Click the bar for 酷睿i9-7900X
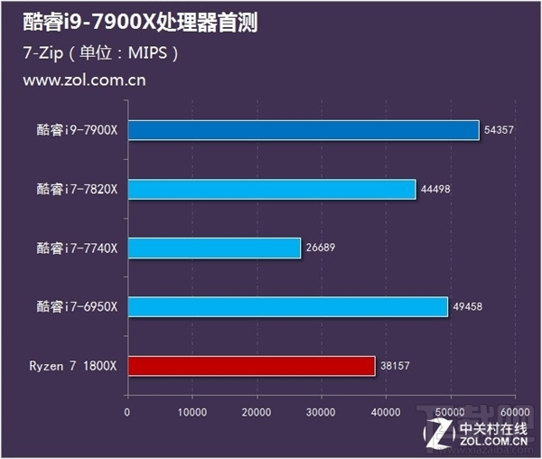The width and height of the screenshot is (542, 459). pos(303,130)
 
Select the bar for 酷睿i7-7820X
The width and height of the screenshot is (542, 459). pos(271,189)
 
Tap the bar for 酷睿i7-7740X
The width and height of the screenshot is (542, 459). pos(213,248)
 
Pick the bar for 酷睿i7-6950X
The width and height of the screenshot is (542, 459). pos(287,307)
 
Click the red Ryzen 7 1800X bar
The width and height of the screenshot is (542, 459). pos(250,366)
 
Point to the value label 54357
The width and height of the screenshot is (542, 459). pos(499,130)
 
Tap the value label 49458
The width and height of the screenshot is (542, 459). pos(467,307)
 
